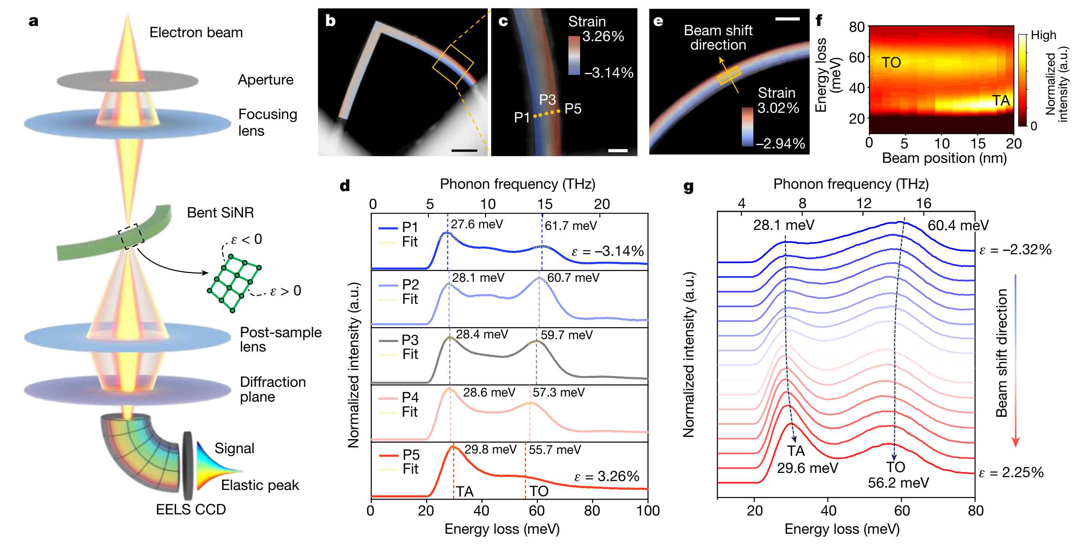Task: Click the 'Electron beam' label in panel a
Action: pos(196,33)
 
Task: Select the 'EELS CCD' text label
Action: pos(191,510)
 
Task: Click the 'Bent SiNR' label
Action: pos(221,212)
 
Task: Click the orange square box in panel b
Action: pos(453,65)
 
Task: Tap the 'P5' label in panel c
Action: pos(573,109)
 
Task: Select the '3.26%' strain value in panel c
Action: pos(603,37)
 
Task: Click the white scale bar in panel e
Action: pos(787,19)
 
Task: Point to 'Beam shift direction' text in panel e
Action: pos(718,38)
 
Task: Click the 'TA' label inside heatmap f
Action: pos(1001,100)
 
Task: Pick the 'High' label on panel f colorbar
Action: pos(1043,35)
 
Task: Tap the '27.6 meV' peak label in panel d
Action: pos(477,224)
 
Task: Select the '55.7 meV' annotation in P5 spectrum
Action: pos(554,450)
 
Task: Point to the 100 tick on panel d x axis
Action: pos(648,511)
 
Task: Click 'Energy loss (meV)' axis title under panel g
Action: pos(842,529)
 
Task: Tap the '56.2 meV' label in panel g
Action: pos(898,483)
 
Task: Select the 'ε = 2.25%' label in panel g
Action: pos(1011,473)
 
